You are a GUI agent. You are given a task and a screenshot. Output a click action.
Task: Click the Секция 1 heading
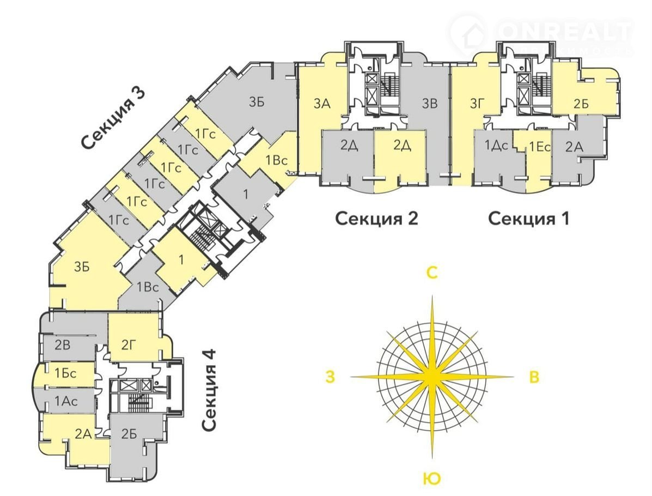coord(528,219)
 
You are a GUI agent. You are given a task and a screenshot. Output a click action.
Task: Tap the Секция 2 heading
coord(376,219)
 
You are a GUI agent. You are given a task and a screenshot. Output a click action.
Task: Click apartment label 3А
coord(322,102)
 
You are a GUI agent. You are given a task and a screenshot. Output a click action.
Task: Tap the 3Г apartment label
coord(477,102)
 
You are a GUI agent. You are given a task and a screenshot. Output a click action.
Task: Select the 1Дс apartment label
coord(496,146)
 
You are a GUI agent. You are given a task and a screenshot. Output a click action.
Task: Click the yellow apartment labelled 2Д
coord(401,146)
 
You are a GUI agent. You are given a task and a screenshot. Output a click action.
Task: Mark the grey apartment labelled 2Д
coord(349,146)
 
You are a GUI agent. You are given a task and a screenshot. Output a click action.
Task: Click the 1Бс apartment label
coord(66,374)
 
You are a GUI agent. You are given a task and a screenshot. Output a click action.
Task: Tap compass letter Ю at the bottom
coord(431,479)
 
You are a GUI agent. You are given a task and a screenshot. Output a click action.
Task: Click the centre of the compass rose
coord(432,377)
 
